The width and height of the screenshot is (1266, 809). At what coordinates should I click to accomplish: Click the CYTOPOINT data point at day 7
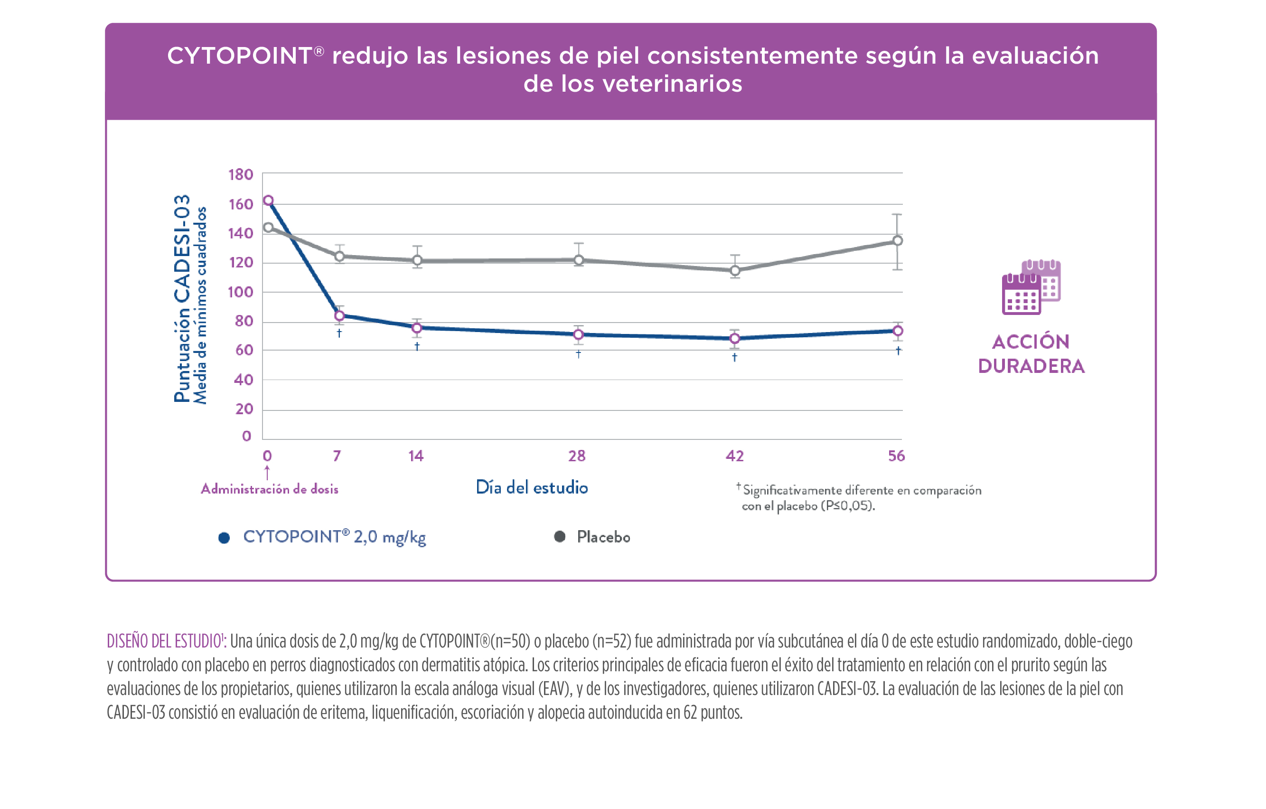339,315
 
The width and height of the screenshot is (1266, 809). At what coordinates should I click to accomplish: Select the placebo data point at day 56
898,240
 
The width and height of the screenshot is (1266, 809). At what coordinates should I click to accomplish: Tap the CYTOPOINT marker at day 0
268,200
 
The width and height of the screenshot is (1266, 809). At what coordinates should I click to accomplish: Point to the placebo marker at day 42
735,270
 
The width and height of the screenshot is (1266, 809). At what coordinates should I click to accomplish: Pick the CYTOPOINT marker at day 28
578,334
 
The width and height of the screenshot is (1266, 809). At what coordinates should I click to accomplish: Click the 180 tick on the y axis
241,175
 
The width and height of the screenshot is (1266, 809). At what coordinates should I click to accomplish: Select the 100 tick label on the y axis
240,292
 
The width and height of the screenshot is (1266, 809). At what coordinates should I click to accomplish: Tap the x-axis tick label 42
734,456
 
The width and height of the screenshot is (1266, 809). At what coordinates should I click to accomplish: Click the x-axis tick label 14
416,456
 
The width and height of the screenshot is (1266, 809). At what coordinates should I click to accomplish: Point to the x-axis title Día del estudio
532,487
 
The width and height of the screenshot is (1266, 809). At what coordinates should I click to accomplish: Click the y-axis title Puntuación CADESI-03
182,299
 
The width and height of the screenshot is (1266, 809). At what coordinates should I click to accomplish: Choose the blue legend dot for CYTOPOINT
224,538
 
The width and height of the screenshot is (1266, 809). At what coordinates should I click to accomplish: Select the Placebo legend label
603,537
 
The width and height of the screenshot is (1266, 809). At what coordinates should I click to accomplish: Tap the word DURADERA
1031,366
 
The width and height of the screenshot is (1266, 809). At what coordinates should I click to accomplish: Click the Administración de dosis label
270,489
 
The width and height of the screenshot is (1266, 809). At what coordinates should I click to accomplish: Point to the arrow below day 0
267,472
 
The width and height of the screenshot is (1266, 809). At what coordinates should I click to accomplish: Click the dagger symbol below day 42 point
734,357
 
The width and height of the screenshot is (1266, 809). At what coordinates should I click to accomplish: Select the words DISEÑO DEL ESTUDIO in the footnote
165,641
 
